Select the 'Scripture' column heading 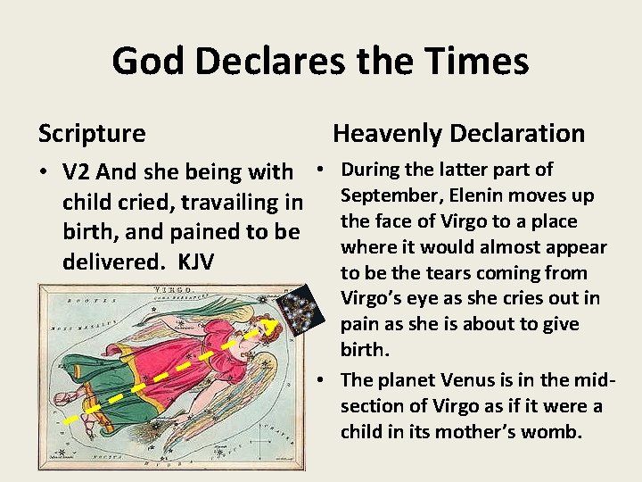click(x=92, y=134)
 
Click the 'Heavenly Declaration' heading click(x=458, y=134)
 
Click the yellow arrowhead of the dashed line click(x=265, y=327)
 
